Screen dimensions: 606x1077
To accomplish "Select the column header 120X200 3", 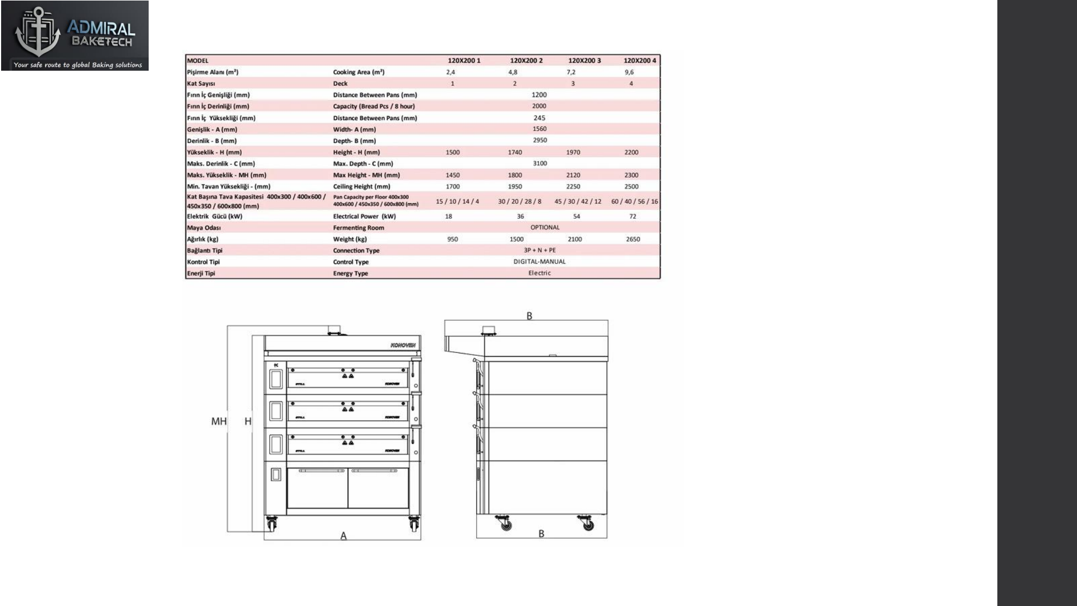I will click(584, 61).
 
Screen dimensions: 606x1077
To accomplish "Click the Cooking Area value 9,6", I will click(629, 72).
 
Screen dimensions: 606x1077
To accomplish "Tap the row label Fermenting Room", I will click(358, 228).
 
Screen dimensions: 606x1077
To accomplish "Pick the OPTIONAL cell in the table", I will click(545, 228).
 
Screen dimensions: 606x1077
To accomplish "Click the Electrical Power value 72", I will click(632, 217).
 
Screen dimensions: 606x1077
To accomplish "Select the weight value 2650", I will click(632, 240).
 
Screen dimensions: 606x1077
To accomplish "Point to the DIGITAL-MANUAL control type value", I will click(539, 262).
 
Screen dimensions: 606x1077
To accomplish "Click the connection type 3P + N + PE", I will click(539, 250).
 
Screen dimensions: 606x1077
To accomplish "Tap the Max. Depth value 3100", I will click(540, 164).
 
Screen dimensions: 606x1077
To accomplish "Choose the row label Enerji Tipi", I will click(201, 274).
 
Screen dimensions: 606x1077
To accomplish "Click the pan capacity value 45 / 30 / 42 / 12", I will click(577, 201).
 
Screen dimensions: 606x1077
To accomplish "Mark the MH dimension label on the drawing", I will click(218, 421).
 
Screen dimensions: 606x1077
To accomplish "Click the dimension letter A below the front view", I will click(343, 536).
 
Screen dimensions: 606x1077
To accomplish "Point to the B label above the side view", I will click(529, 316).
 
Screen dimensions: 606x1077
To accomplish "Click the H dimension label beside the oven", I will click(248, 421).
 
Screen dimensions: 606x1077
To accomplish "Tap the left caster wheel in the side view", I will click(505, 525).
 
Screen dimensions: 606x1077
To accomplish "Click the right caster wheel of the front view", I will click(414, 525).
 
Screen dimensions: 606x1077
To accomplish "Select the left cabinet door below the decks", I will click(317, 488).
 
